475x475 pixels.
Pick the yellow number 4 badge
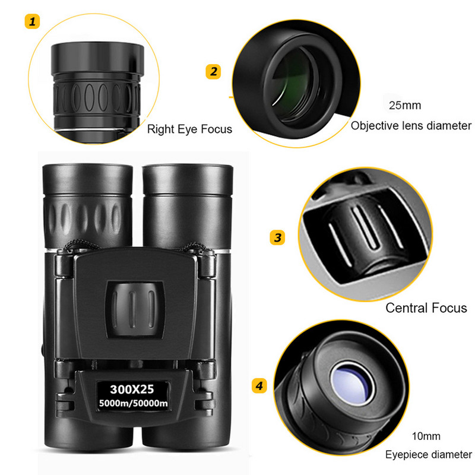click(259, 386)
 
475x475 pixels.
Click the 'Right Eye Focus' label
click(189, 129)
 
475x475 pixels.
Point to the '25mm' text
click(404, 106)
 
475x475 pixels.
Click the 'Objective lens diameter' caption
click(411, 125)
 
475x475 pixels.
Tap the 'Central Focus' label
click(426, 308)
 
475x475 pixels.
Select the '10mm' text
click(427, 436)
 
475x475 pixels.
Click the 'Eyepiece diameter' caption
click(428, 455)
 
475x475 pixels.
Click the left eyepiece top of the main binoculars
click(87, 178)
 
